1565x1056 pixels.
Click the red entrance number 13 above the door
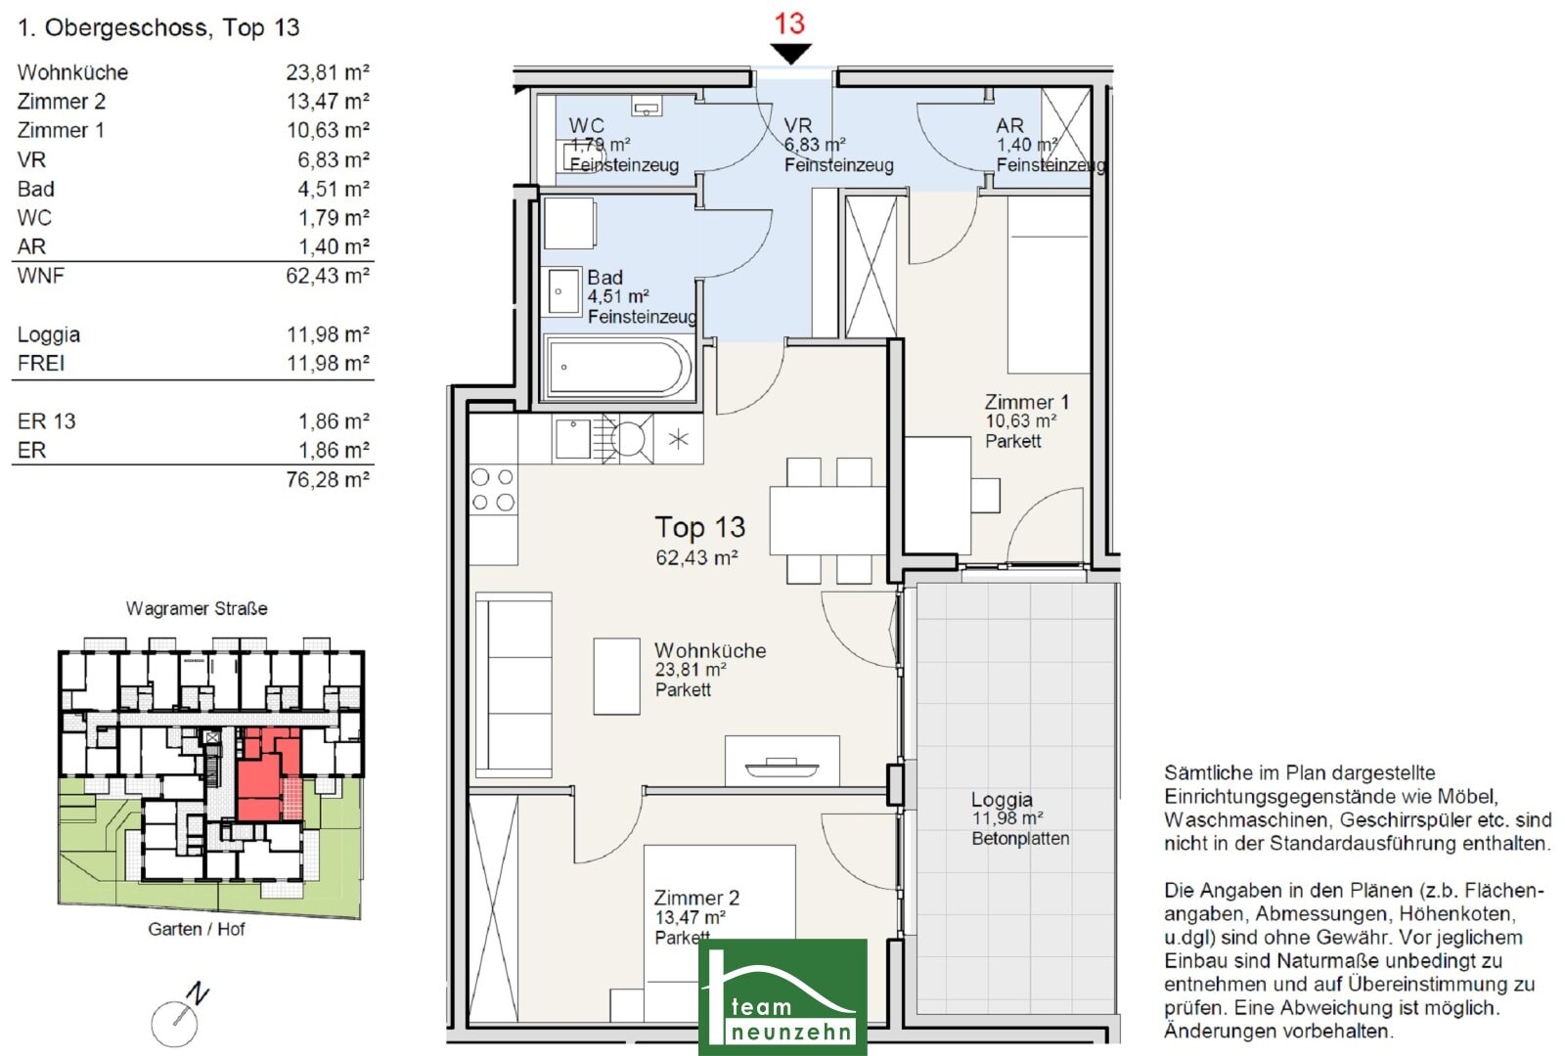789,23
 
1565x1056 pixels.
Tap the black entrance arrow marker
791,53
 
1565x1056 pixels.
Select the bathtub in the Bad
617,368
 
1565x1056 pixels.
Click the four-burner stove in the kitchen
493,490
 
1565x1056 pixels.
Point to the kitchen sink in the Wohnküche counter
572,439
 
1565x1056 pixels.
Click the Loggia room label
1002,800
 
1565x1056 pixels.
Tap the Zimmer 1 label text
1026,402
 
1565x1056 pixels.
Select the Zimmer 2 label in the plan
695,898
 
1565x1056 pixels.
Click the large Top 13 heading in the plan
700,527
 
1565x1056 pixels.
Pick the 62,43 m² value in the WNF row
327,276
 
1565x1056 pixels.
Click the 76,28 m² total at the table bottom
327,480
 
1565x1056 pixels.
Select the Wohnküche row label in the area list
72,72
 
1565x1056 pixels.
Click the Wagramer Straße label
197,608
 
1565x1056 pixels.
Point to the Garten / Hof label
197,930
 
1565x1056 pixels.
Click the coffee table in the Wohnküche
616,676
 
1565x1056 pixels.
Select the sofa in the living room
514,685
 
